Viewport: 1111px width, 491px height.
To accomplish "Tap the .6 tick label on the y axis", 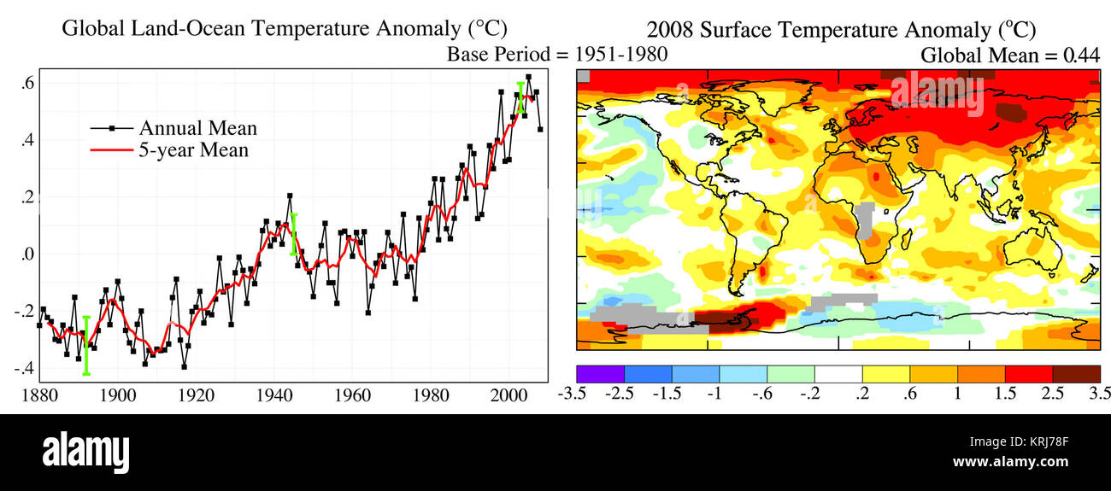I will [27, 83].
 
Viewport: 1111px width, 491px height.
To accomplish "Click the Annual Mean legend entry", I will [197, 128].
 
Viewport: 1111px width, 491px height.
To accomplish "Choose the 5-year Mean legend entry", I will [194, 150].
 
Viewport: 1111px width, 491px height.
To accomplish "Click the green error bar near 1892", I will [86, 345].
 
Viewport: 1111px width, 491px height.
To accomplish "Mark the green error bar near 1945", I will [293, 234].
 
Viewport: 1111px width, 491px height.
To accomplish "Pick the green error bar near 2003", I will [520, 96].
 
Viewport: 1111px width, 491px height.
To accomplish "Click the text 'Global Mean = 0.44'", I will [1008, 56].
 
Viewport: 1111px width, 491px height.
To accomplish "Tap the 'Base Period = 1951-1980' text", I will [557, 54].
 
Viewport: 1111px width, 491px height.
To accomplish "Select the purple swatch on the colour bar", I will [601, 374].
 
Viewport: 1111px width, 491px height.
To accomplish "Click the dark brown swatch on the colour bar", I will [1076, 374].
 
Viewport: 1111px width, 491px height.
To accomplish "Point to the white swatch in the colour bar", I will [838, 374].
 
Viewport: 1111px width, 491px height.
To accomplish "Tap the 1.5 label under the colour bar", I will [1005, 394].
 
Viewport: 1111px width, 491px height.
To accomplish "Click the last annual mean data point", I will [540, 130].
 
